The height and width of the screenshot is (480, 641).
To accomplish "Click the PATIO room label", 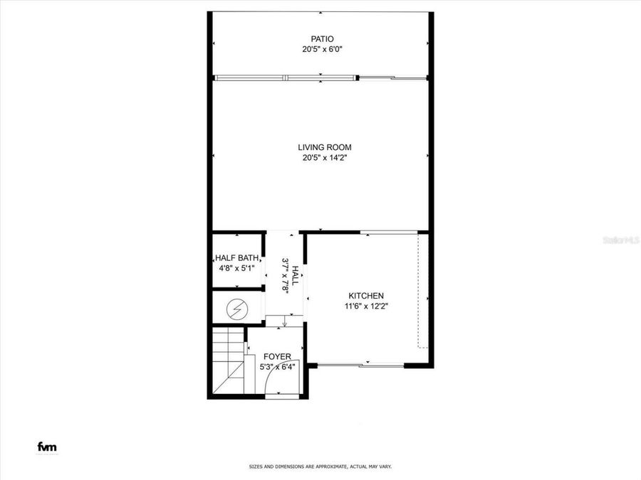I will pos(322,39).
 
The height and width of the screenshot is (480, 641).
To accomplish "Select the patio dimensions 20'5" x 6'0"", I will pos(322,50).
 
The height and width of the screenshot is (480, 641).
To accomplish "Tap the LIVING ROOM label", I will pos(324,147).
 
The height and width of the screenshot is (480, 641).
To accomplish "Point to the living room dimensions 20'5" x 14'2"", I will pos(324,158).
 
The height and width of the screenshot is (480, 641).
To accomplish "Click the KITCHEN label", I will pos(366,296).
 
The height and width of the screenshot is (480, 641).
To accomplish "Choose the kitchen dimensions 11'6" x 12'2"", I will pos(366,306).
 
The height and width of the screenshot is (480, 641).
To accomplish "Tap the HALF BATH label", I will pos(236,258).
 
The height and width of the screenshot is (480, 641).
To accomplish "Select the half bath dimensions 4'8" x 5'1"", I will pos(236,268).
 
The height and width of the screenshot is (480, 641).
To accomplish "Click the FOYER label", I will pos(276,356).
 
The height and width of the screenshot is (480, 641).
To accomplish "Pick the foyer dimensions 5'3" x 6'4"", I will pos(276,367).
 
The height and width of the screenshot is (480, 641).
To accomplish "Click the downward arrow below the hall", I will pos(284,323).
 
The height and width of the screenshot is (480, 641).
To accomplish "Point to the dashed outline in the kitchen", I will pos(422,292).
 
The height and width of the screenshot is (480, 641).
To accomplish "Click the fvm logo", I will pos(47,447).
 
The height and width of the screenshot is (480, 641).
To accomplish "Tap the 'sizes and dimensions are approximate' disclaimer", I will pos(320,466).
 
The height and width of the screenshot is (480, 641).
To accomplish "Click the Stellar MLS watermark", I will pos(620,241).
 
